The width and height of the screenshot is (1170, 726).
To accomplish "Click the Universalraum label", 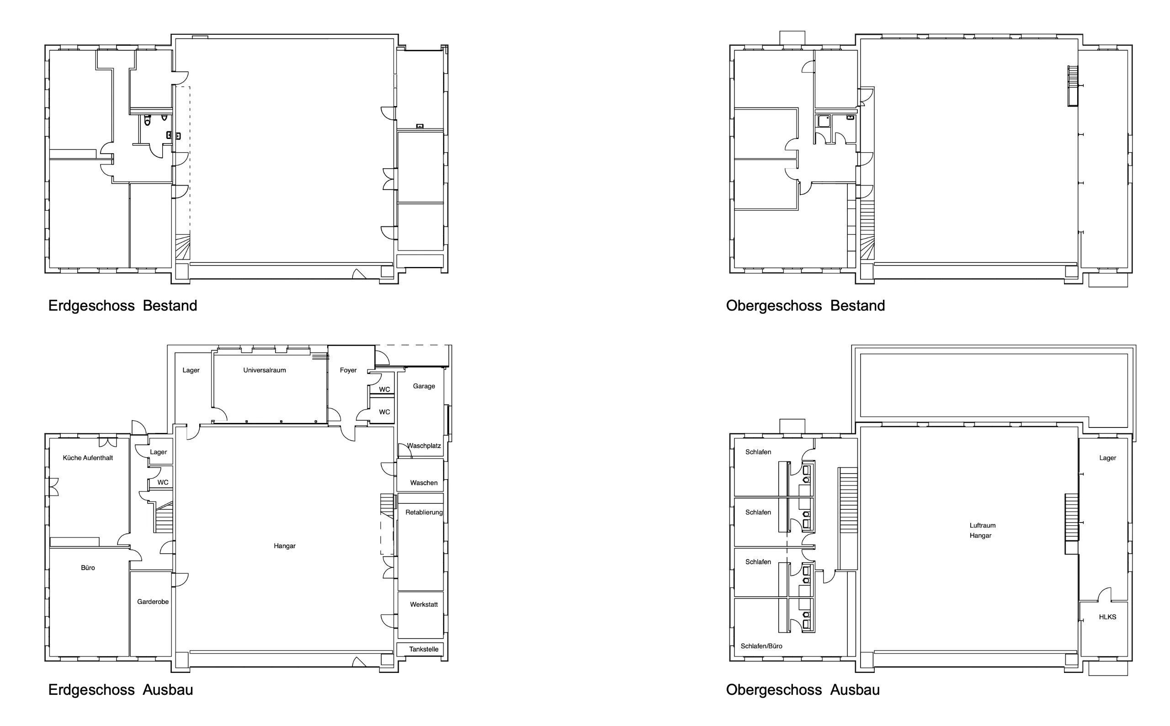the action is tap(265, 370).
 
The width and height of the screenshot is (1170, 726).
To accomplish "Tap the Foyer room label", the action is tap(348, 370).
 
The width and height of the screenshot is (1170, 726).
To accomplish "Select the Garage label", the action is tap(424, 386).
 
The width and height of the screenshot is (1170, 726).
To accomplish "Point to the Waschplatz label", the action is tap(424, 446).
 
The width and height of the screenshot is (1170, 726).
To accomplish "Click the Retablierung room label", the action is tap(424, 512).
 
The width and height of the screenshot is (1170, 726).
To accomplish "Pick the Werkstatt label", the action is tap(424, 604).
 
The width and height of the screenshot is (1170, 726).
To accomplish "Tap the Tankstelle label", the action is tap(424, 649).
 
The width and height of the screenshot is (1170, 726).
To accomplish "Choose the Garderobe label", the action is tap(153, 602).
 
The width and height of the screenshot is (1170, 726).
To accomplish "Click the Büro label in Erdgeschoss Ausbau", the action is tap(88, 567).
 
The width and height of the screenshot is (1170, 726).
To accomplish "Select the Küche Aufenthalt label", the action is tap(88, 458).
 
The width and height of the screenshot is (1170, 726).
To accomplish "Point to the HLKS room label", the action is tap(1107, 617).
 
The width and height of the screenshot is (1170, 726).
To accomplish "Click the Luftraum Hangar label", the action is tap(982, 530).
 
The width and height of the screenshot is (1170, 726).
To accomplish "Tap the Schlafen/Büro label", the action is tap(761, 646).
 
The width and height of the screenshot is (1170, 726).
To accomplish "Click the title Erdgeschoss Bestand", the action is tap(122, 305).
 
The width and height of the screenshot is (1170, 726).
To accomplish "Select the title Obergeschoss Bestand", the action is tap(805, 305).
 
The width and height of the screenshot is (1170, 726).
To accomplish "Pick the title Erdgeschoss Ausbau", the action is tap(121, 689).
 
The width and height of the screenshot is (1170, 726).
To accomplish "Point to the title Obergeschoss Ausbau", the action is tap(803, 689).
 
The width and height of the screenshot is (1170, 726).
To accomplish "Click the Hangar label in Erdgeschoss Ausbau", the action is tap(285, 546).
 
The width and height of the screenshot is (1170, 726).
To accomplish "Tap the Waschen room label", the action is tap(424, 483).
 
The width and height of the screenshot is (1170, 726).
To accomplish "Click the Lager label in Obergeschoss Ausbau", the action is tap(1107, 458).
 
